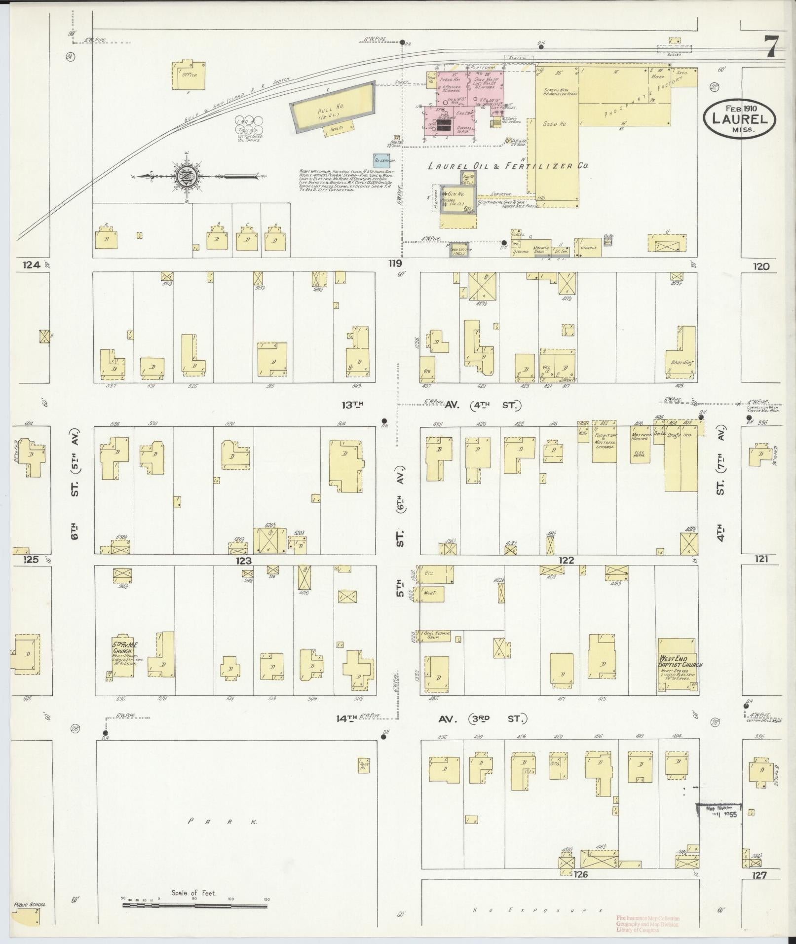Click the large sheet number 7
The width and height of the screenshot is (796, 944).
tap(772, 48)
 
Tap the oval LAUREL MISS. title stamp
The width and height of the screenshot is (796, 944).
tap(739, 119)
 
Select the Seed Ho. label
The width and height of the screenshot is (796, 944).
tap(554, 124)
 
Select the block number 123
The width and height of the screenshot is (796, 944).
tap(243, 561)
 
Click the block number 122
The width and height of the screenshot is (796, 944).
tap(567, 560)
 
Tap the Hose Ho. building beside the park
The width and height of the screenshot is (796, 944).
tap(364, 765)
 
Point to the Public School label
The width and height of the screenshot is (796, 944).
tap(30, 905)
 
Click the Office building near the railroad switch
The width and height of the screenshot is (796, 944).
tap(189, 76)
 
